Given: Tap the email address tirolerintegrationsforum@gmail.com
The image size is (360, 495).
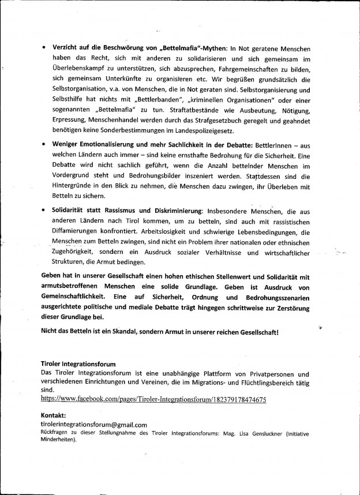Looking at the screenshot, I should coord(95,424).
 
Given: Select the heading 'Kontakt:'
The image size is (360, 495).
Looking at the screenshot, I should coord(54,415).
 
